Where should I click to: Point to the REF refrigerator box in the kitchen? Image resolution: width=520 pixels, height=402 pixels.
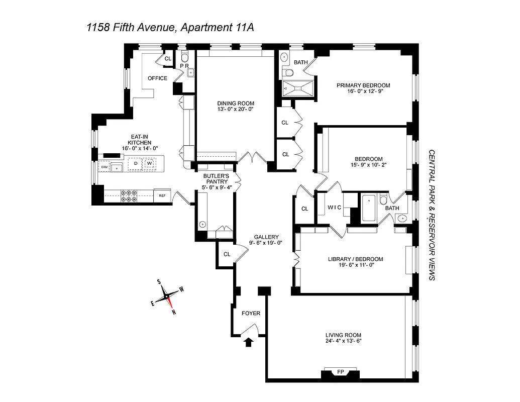tap(162, 195)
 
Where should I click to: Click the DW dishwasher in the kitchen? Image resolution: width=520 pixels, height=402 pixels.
tap(105, 167)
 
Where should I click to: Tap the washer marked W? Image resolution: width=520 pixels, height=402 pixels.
tap(149, 163)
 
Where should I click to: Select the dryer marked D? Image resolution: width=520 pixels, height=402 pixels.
tap(135, 163)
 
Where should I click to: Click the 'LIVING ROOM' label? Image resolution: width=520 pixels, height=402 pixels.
tap(343, 335)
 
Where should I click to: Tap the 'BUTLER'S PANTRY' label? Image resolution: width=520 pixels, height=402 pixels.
tap(216, 178)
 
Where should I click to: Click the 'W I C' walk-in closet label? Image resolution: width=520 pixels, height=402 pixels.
tap(334, 207)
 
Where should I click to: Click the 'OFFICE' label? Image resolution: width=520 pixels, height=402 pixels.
tap(157, 78)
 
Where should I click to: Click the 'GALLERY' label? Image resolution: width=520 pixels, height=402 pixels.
tap(266, 237)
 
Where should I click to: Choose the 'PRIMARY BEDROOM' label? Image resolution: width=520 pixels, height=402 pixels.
tap(363, 85)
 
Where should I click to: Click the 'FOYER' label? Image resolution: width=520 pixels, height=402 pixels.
tap(251, 313)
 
